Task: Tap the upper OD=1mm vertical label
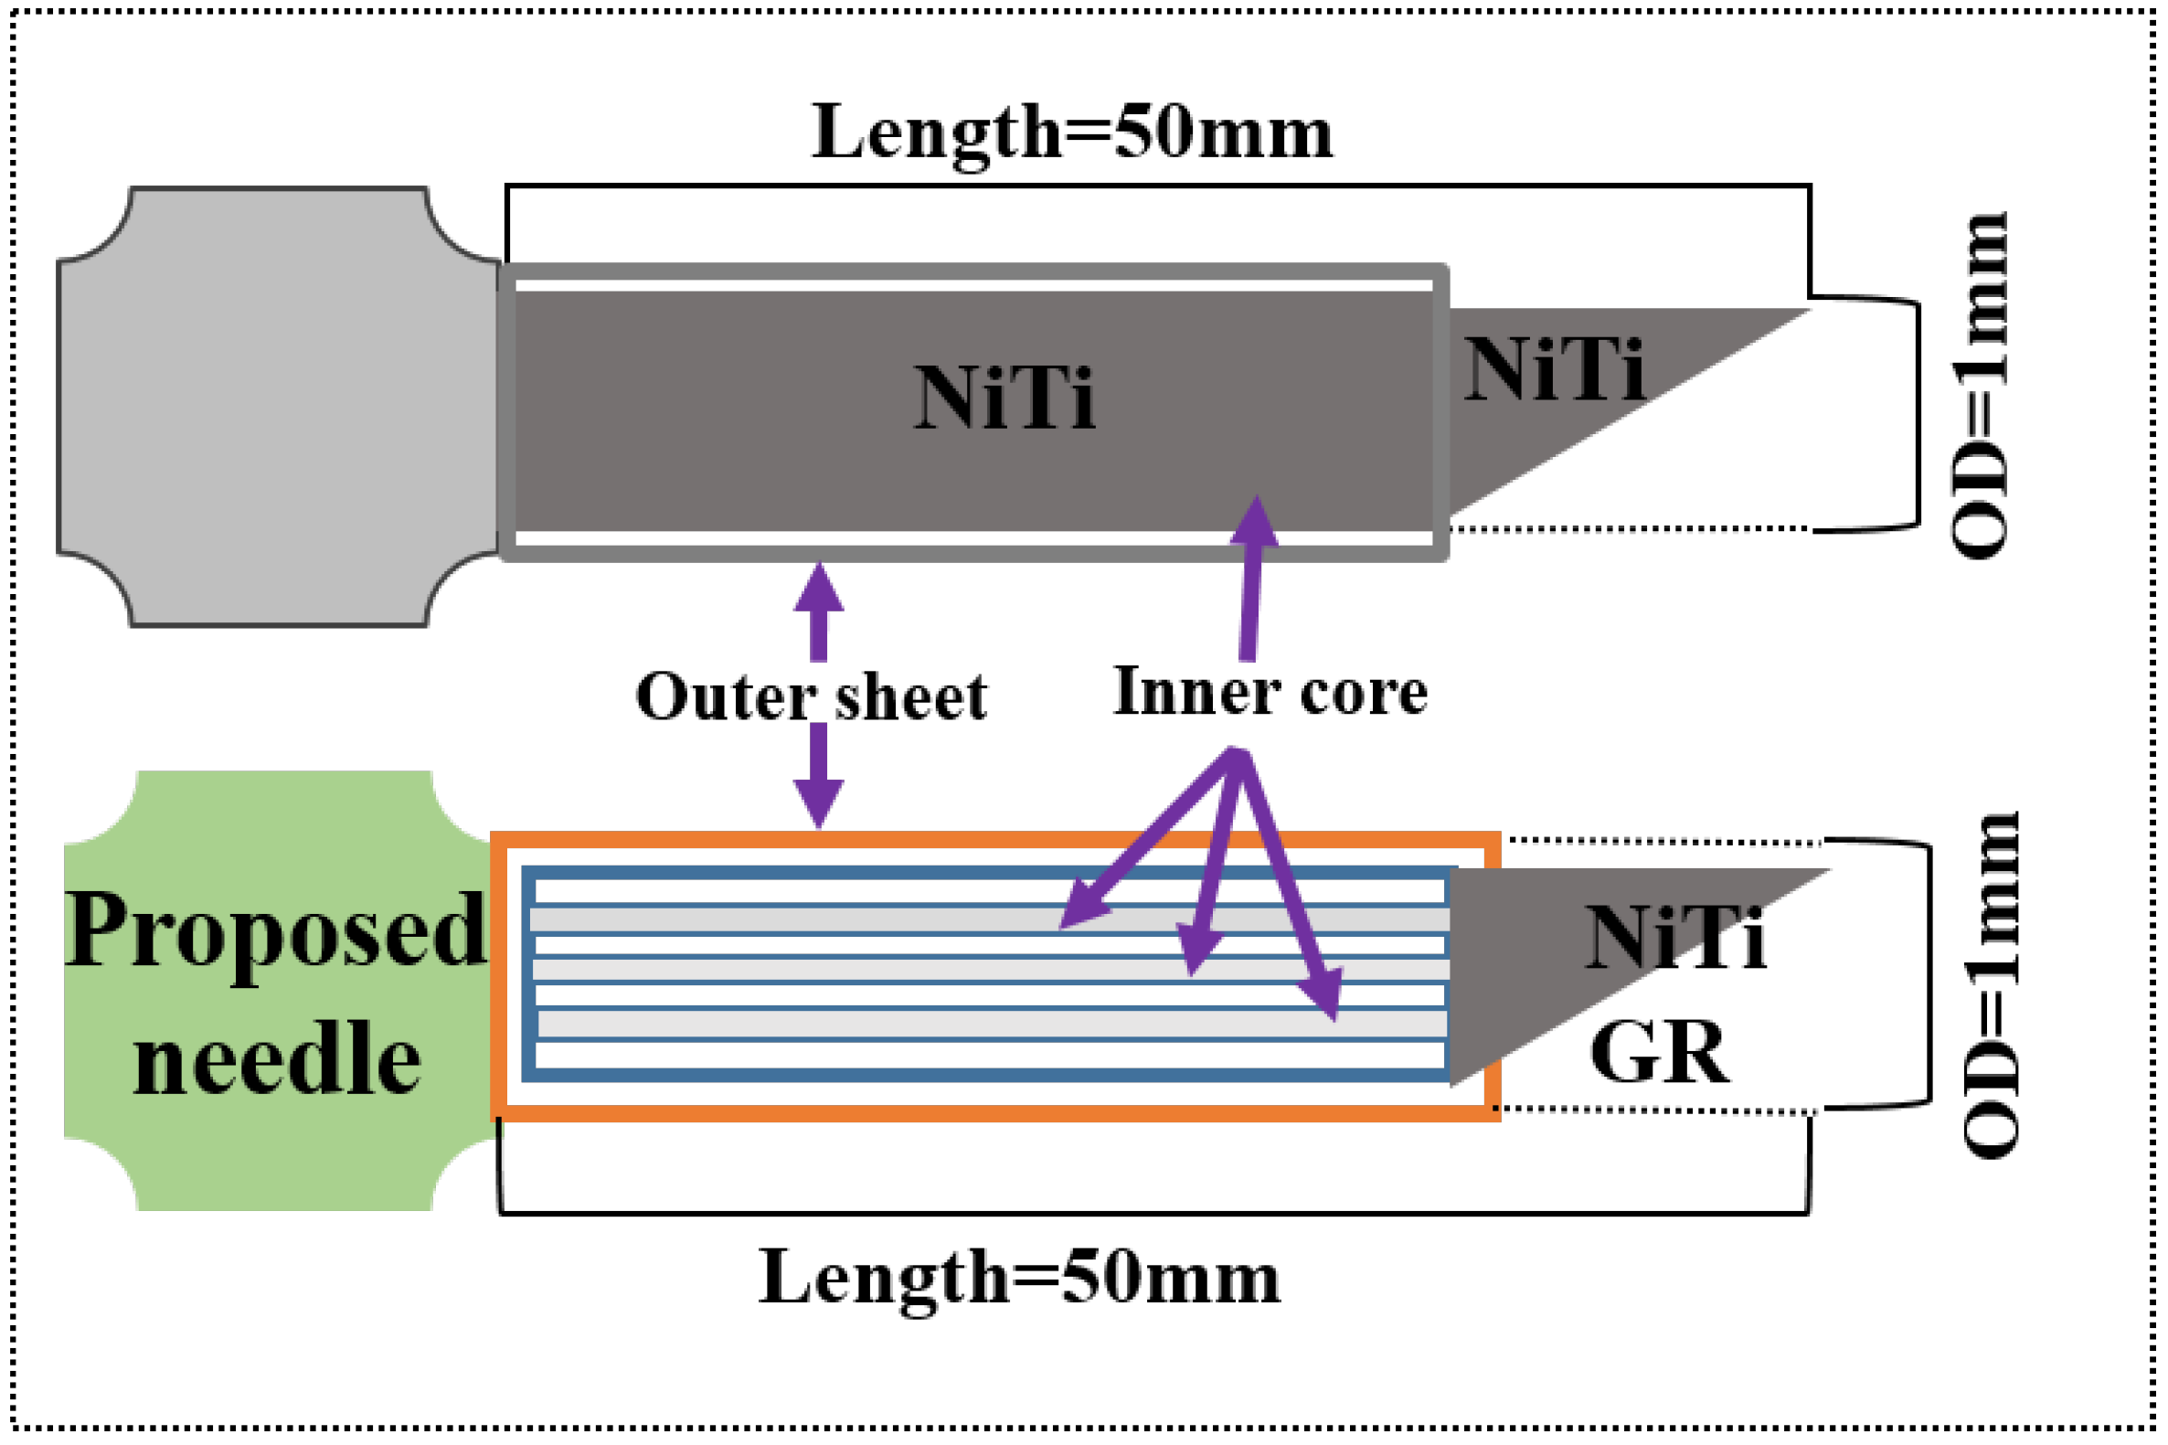[1979, 385]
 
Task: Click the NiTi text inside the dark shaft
[1004, 398]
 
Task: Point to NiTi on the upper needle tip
[1554, 370]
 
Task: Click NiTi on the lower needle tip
[1674, 938]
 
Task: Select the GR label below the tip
[1660, 1052]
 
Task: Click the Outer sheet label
[811, 697]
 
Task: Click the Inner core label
[1270, 692]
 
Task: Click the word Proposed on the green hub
[274, 930]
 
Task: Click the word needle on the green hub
[276, 1060]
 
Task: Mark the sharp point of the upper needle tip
[1807, 311]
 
